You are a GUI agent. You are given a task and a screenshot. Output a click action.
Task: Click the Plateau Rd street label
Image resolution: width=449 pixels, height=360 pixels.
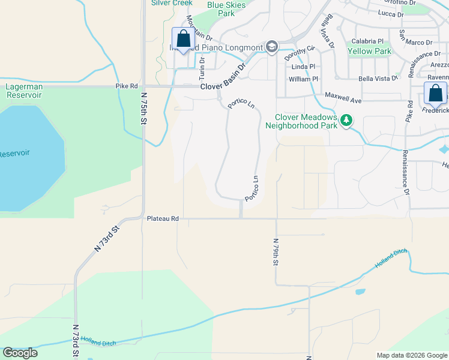(x=163, y=219)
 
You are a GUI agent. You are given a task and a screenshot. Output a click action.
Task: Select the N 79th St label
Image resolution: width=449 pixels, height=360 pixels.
(x=276, y=253)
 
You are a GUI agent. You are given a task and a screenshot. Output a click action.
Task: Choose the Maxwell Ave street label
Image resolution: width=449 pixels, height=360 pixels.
(x=343, y=95)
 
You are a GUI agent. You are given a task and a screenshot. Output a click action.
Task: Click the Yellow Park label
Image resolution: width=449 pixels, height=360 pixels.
(x=369, y=52)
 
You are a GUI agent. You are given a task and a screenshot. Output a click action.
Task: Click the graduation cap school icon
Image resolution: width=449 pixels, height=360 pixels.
(x=272, y=47)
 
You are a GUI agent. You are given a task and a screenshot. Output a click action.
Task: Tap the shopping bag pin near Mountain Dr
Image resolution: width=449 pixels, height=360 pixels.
(x=183, y=40)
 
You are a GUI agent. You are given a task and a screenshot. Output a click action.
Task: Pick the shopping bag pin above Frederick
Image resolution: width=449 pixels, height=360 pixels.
(x=435, y=94)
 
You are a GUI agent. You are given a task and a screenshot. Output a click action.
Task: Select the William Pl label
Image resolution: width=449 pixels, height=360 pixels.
(x=303, y=79)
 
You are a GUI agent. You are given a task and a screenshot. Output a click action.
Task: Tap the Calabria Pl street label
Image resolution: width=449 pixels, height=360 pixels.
(x=367, y=41)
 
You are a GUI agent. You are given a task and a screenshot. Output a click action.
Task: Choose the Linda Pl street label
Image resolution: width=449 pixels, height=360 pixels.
(x=304, y=67)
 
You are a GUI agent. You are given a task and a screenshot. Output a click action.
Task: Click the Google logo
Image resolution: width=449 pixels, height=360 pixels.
(x=20, y=353)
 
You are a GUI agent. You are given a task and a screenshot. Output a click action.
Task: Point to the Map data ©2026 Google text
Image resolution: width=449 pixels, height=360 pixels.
(x=411, y=355)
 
